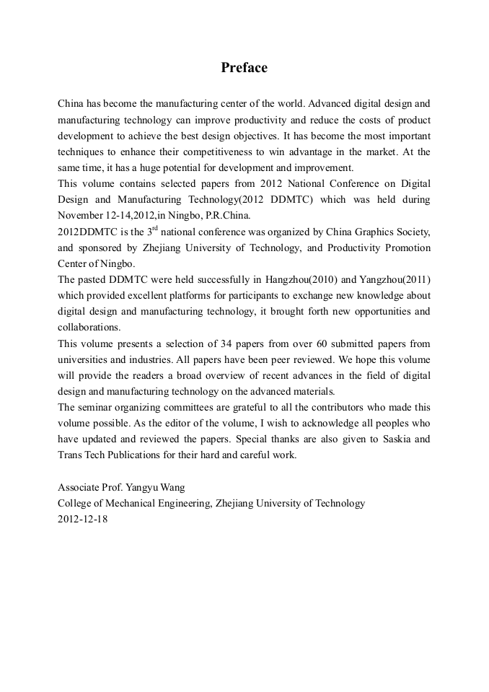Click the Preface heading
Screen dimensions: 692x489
(x=244, y=68)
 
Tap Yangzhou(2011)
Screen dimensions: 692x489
(x=396, y=279)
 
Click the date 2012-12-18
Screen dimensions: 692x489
(x=82, y=519)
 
